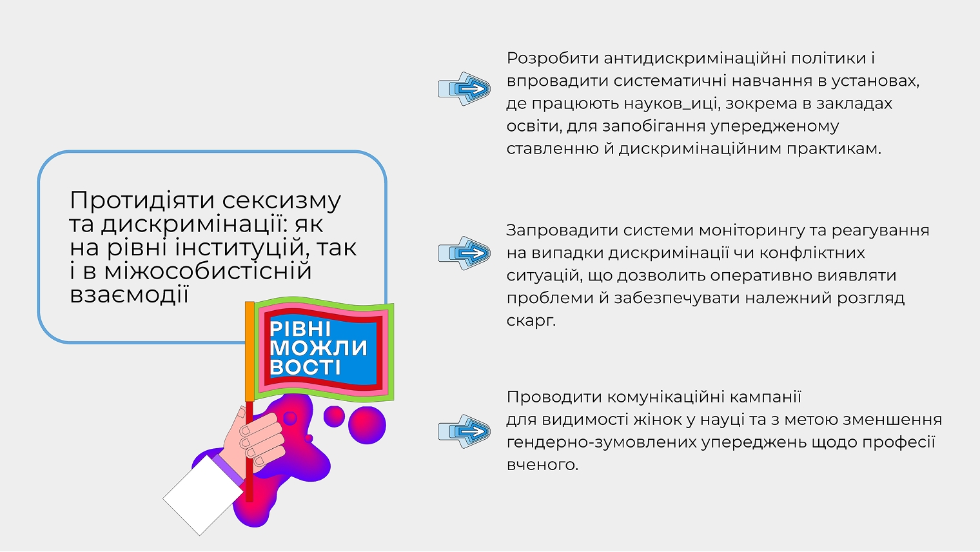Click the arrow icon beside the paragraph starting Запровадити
click(x=464, y=253)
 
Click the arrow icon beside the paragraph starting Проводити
click(x=464, y=431)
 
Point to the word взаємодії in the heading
click(x=128, y=295)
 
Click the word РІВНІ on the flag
click(x=300, y=329)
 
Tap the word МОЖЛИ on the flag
click(x=318, y=348)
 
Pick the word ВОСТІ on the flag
click(x=306, y=368)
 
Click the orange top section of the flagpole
click(x=250, y=351)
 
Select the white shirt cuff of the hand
click(x=202, y=495)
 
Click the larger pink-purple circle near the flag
click(x=367, y=426)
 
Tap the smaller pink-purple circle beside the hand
click(x=334, y=416)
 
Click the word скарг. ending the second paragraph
click(x=531, y=320)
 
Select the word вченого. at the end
click(x=542, y=465)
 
